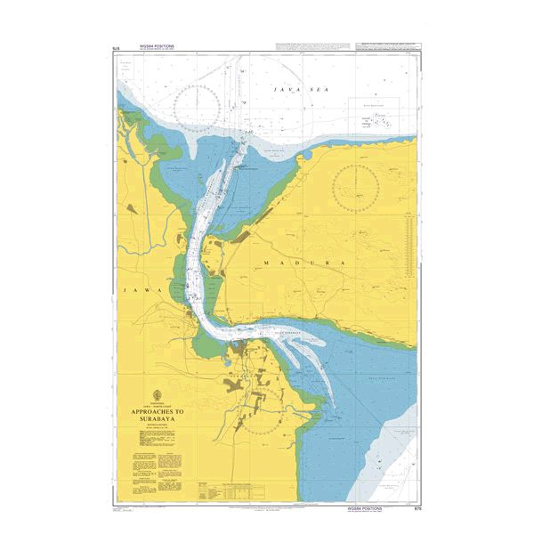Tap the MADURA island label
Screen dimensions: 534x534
pyautogui.click(x=285, y=264)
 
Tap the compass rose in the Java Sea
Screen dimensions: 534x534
pyautogui.click(x=203, y=105)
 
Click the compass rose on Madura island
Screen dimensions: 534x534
pyautogui.click(x=356, y=187)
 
